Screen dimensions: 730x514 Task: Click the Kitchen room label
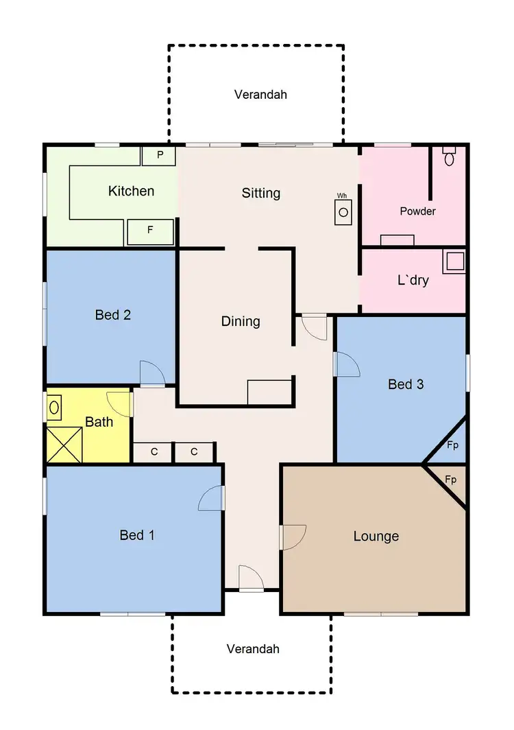click(131, 191)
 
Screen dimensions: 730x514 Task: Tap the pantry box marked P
click(159, 155)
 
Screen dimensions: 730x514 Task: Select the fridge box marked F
click(150, 231)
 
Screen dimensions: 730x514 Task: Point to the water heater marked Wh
click(343, 211)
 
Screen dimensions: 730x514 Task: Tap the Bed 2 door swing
click(152, 374)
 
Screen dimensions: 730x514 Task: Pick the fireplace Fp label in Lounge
click(450, 480)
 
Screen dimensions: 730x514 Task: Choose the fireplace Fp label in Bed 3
click(452, 445)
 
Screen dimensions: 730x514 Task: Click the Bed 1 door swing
click(212, 499)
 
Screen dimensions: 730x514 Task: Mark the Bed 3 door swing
click(347, 364)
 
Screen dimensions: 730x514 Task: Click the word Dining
click(241, 321)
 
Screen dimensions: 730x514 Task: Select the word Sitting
click(261, 193)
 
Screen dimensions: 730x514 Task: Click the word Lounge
click(376, 536)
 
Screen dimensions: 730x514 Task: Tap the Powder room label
click(417, 211)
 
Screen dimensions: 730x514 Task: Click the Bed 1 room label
click(136, 535)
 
